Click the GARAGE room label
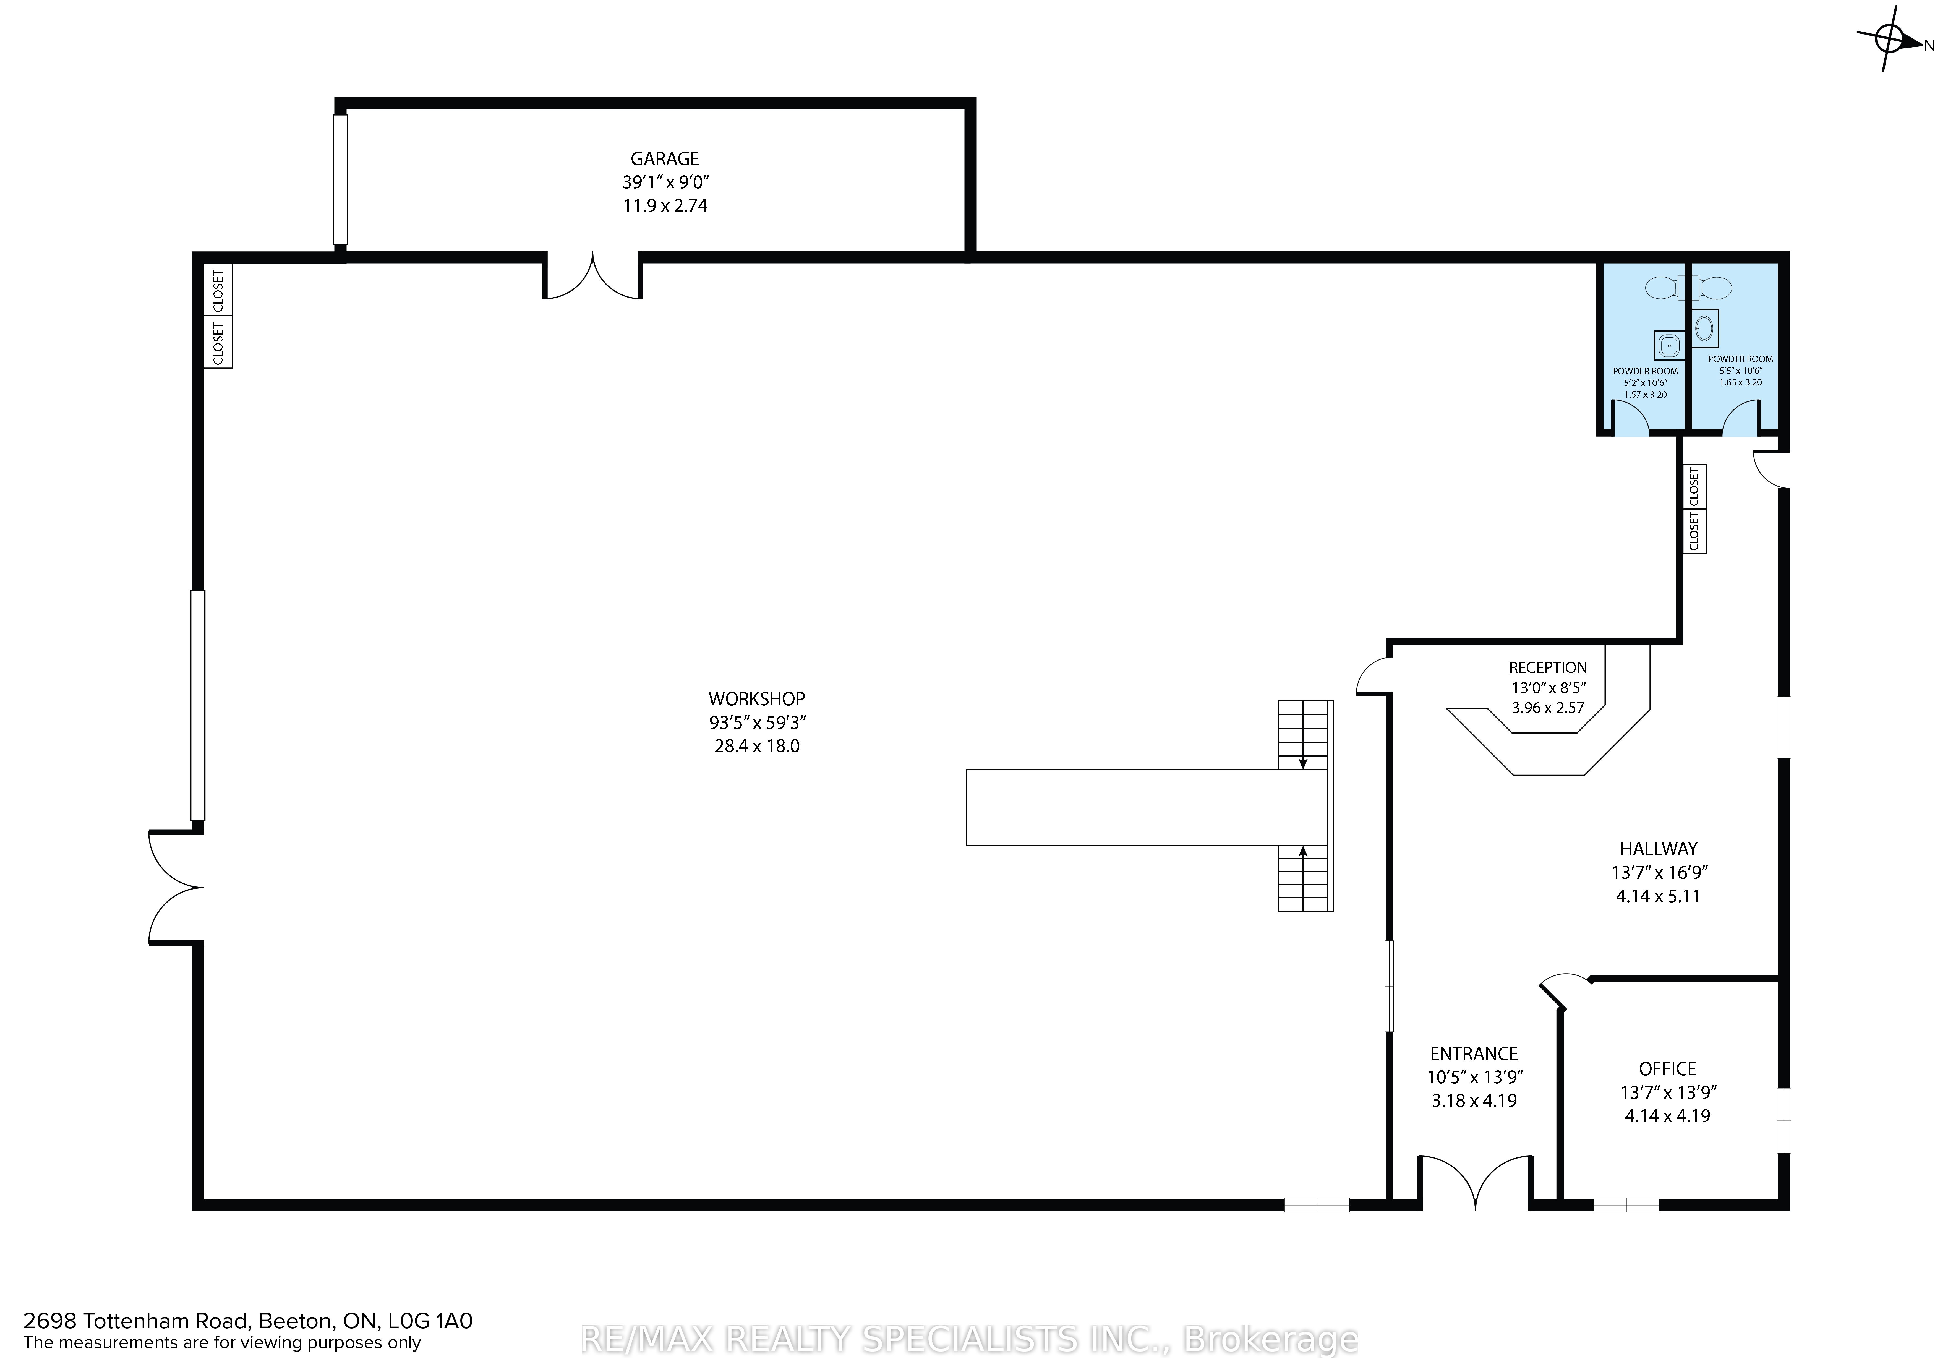[665, 159]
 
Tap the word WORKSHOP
[756, 699]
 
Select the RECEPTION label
[1548, 667]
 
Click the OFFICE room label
[1667, 1069]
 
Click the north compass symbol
[1889, 38]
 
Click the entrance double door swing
[1474, 1183]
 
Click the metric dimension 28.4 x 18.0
[756, 746]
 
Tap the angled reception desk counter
[1548, 735]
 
